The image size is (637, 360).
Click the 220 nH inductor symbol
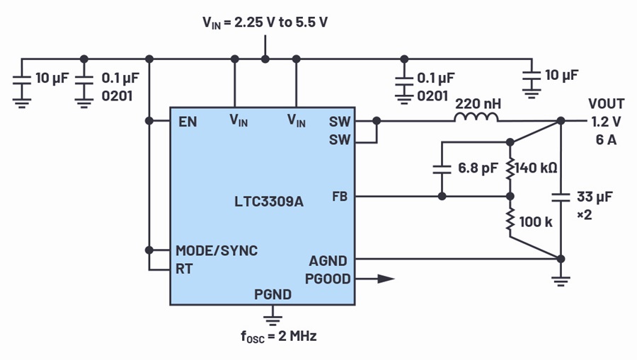(476, 117)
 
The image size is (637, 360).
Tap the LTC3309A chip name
(269, 202)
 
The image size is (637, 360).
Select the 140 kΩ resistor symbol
(510, 169)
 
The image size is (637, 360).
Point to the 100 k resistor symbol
(510, 221)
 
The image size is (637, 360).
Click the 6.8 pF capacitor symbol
(442, 169)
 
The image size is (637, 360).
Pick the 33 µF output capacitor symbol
(561, 197)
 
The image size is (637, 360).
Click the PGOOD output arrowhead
(386, 279)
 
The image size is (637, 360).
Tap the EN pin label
(188, 122)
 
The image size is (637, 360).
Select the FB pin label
(340, 197)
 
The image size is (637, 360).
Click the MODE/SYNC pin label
(217, 250)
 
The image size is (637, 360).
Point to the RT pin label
(184, 269)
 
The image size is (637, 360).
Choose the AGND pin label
(328, 260)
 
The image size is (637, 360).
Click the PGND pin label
(272, 294)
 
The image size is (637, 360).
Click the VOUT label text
(606, 104)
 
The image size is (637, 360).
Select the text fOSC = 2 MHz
(279, 337)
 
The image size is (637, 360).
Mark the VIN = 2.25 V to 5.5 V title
(265, 23)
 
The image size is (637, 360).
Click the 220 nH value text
(478, 104)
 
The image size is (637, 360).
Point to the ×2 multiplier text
(585, 215)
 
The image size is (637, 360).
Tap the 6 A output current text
(606, 139)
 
